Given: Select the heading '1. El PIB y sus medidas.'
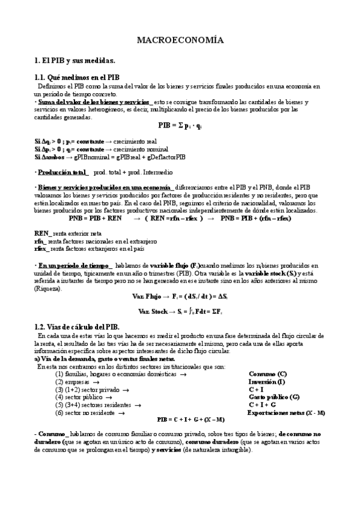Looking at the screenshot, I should [75, 61].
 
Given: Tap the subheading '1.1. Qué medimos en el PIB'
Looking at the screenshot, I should [77, 78].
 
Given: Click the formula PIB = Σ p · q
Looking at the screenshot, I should [180, 126].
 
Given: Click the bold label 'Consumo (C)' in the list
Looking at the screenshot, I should [267, 373].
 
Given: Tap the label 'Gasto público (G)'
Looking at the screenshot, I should [273, 396].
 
